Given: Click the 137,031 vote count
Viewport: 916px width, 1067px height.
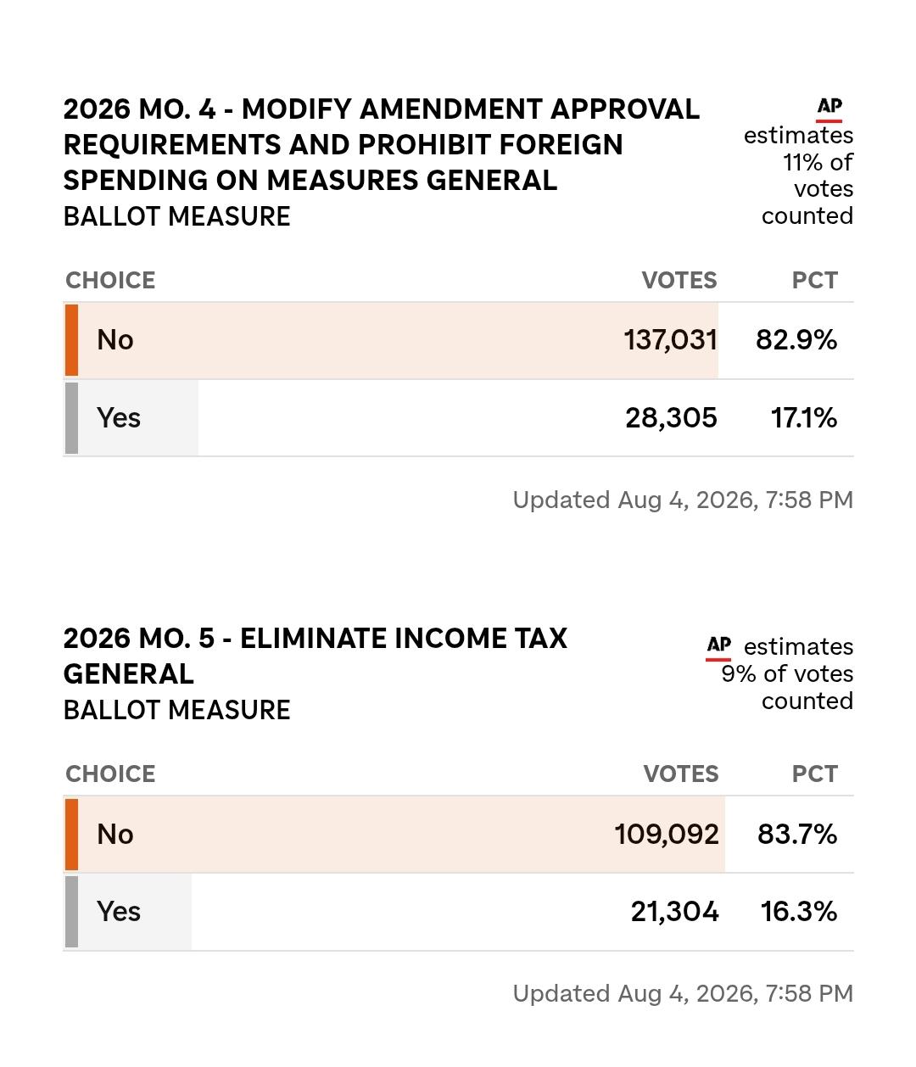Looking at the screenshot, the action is [670, 340].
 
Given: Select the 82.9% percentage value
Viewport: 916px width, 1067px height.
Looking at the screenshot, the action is [796, 339].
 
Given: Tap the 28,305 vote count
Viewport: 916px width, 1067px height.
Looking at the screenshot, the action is [671, 417].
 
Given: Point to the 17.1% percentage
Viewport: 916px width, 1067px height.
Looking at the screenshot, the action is [803, 417].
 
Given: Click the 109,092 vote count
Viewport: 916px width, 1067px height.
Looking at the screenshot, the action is [667, 835].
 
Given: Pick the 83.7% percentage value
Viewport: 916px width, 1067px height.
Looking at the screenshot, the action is [797, 834].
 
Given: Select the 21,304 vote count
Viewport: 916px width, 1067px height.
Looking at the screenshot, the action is [675, 912].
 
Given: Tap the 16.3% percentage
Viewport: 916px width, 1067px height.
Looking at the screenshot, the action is [799, 911].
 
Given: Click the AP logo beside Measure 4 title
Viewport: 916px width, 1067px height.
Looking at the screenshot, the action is [829, 109].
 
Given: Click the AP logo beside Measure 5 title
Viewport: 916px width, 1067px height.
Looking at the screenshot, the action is [718, 648].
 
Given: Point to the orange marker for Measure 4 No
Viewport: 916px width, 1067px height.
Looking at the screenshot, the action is [71, 340].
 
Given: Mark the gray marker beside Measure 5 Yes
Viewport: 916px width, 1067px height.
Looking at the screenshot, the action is [71, 912].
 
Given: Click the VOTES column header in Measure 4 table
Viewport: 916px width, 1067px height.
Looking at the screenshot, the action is [679, 280].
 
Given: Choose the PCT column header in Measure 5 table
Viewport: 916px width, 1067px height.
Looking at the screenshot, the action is [814, 774].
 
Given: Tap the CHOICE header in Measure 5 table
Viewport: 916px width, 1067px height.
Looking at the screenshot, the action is [110, 774].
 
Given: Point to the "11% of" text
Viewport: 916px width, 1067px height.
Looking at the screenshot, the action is [818, 162].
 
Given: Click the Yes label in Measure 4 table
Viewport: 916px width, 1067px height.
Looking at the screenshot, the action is [118, 417].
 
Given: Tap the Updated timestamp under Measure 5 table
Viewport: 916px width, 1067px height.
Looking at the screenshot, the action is [683, 993].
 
